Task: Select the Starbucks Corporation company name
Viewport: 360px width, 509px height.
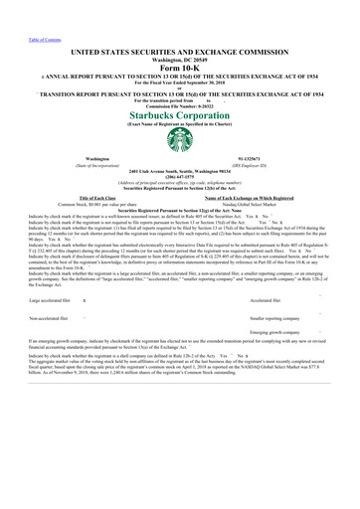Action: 179,115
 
